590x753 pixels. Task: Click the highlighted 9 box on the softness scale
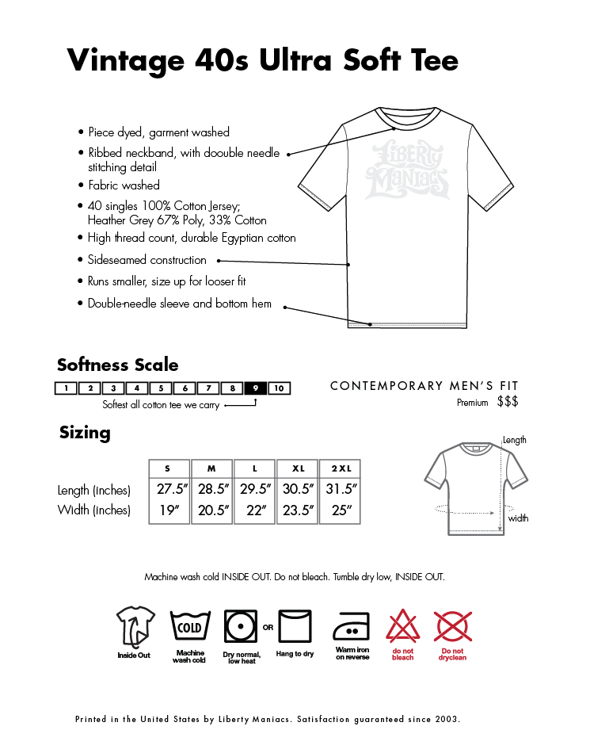pos(256,388)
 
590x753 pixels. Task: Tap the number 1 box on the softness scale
pos(67,388)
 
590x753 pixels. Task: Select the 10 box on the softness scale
pos(280,388)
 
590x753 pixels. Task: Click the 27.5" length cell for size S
pos(169,489)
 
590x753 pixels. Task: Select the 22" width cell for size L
pos(255,510)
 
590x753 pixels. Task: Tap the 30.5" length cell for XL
pos(298,489)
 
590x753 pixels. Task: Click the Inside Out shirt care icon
pos(134,626)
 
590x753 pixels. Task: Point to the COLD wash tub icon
pos(189,627)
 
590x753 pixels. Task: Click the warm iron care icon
pos(352,627)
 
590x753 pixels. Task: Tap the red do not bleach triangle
pos(402,627)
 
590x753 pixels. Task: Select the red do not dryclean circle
pos(453,627)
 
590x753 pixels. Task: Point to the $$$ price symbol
pos(508,403)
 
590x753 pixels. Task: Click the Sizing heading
pos(85,433)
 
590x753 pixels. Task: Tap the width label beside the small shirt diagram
pos(519,518)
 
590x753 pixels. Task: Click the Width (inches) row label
pos(93,510)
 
